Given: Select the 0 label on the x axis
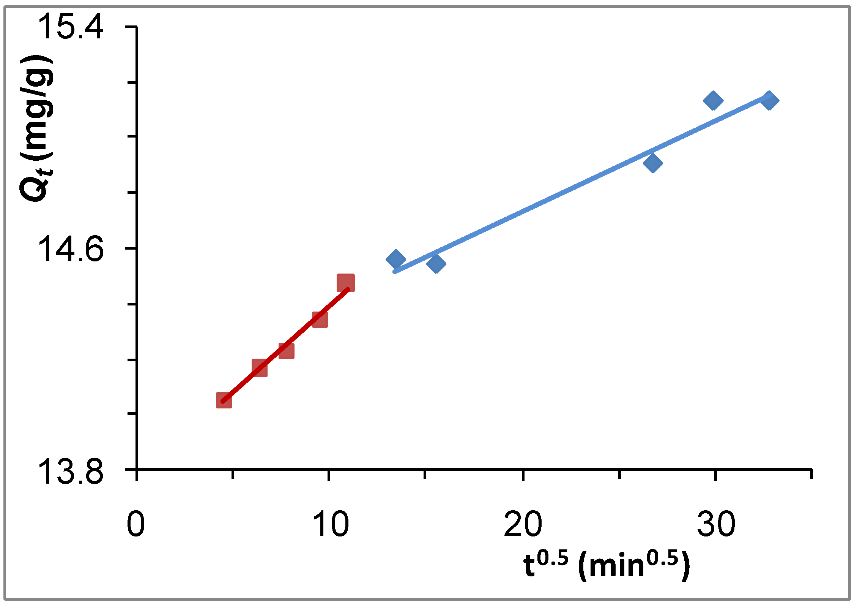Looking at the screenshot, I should coord(136,525).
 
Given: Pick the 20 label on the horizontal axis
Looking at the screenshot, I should coord(523,525).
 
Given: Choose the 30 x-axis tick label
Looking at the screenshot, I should coord(716,525).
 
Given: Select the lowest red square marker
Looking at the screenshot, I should coord(224,400).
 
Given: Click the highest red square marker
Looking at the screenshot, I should coord(346,283).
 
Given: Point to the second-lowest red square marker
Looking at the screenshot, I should coord(260,368).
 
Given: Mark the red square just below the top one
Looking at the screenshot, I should coord(320,320).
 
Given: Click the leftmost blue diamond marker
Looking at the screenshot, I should coord(396,260).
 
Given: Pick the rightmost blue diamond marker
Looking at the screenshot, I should coord(769,100).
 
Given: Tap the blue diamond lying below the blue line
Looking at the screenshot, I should coord(653,163).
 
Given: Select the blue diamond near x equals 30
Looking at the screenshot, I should coord(713,100).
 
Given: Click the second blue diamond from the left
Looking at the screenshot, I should coord(436,264).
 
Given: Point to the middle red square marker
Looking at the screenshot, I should coord(286,350).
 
